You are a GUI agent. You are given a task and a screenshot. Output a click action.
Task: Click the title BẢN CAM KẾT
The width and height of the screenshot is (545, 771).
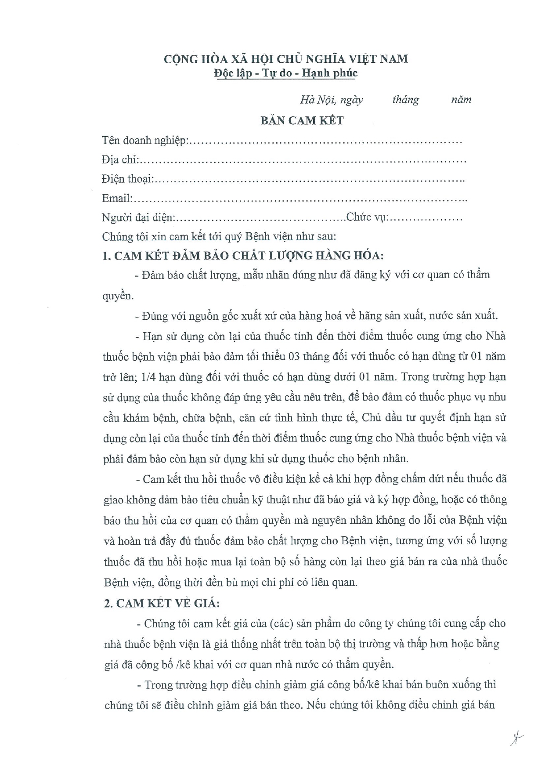tap(302, 120)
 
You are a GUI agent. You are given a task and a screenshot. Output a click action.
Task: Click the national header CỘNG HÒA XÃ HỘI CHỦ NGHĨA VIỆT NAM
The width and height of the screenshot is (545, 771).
tap(286, 58)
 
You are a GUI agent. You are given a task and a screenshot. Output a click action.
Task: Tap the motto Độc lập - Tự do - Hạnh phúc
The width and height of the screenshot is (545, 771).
tap(286, 72)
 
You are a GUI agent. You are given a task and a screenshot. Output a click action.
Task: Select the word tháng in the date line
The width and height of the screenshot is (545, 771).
tap(405, 100)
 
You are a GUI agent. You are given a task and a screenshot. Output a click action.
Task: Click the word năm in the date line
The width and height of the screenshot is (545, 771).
tap(461, 100)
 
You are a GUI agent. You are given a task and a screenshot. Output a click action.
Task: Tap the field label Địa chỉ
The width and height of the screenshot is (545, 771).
tap(120, 160)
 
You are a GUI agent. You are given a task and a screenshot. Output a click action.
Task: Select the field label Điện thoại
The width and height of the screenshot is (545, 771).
tap(127, 179)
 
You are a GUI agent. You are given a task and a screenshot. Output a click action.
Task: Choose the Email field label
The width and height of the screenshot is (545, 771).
tap(117, 199)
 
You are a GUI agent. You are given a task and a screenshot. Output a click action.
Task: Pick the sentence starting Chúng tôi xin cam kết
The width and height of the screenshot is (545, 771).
tap(219, 236)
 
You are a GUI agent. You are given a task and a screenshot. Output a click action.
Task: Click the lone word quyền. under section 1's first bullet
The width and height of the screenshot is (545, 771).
tap(118, 296)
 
